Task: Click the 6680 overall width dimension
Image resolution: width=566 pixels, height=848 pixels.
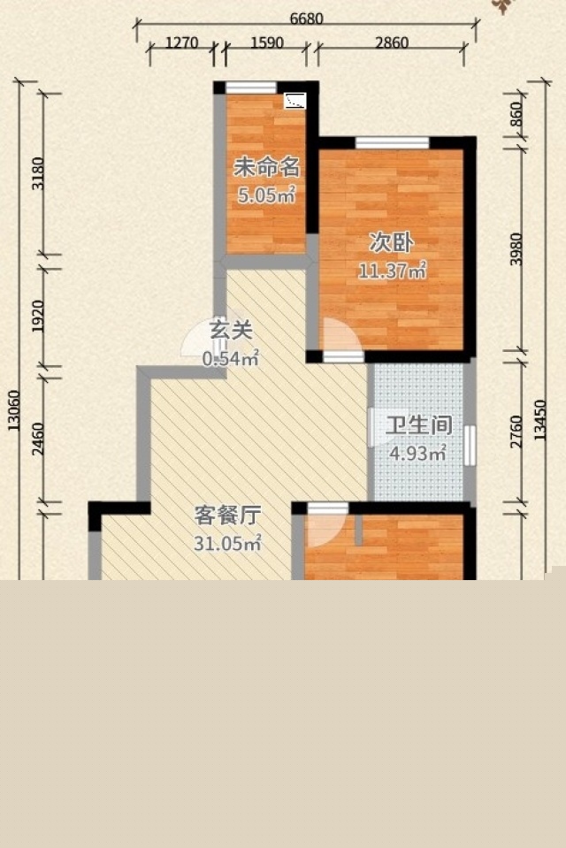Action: point(306,19)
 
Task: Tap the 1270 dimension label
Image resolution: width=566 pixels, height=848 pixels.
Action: point(182,42)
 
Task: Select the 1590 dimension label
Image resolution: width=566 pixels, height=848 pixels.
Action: point(267,42)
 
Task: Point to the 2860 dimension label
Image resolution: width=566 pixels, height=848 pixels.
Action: point(392,42)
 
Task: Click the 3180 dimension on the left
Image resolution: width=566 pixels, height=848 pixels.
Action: point(38,173)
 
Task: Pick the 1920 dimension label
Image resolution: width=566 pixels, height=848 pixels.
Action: point(38,317)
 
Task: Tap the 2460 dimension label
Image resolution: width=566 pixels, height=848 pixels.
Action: point(38,439)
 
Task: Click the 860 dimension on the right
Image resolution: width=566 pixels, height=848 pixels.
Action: point(516,114)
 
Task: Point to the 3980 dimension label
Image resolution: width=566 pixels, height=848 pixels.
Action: point(516,249)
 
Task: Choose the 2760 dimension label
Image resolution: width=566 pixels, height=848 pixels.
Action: point(516,432)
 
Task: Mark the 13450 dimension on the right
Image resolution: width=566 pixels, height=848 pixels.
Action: point(539,420)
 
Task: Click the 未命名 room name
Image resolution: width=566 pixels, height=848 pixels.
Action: point(266,168)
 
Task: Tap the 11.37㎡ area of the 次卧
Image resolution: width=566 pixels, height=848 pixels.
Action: point(393,271)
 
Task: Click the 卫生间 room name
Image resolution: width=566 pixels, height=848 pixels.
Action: point(419,425)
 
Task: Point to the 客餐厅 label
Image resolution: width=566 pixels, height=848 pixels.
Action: point(228,516)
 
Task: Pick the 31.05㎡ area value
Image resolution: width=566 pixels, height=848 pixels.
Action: point(228,543)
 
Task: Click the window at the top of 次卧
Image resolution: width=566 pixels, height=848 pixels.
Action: point(392,142)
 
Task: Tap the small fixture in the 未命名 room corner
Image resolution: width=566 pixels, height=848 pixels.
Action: point(295,101)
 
